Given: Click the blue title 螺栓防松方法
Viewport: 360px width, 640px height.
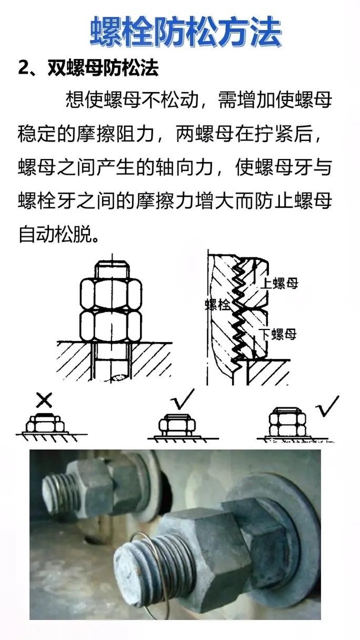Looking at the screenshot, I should pos(186,32).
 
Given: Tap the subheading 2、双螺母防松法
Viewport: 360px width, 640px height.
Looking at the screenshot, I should pos(88,69).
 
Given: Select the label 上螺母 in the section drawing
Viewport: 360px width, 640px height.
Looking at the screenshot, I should pos(279,283).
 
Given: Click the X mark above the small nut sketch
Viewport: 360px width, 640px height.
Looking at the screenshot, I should pos(45,401).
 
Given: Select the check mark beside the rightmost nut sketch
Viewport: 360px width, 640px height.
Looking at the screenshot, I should pos(327,406).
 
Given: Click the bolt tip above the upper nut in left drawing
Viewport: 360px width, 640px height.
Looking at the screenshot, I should pos(112,268).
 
